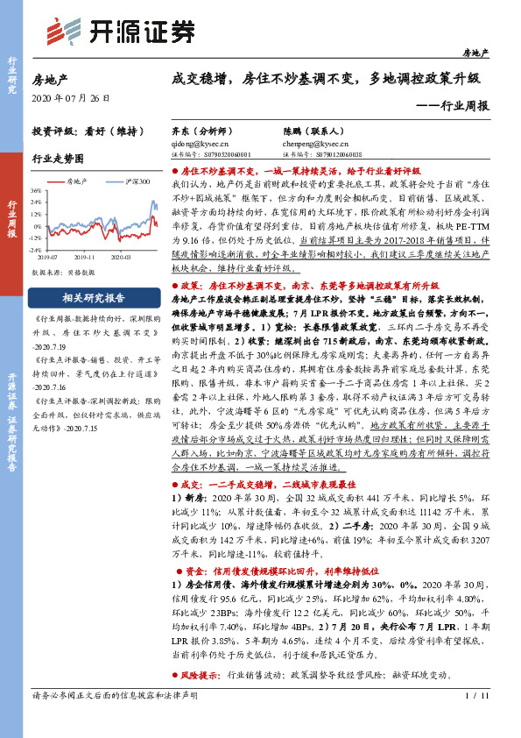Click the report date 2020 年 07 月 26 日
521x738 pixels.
pos(66,96)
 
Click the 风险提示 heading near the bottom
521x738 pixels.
pos(201,677)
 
